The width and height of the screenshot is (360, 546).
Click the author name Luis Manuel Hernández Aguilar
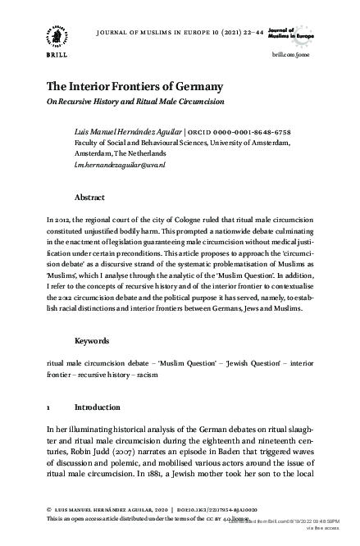pyautogui.click(x=129, y=132)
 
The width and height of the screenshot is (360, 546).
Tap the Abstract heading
pyautogui.click(x=89, y=198)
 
